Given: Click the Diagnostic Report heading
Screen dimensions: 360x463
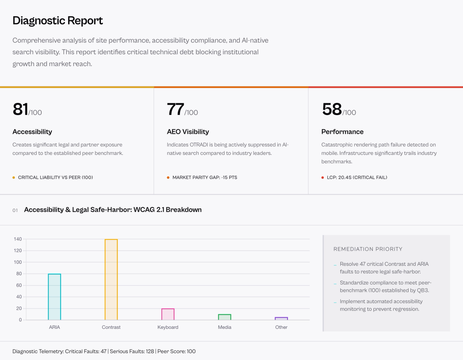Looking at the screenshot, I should pyautogui.click(x=57, y=20).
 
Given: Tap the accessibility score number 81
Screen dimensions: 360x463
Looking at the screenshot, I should pyautogui.click(x=20, y=109).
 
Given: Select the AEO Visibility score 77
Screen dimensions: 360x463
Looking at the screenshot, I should pyautogui.click(x=175, y=109).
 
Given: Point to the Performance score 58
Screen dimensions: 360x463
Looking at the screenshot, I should pyautogui.click(x=332, y=109).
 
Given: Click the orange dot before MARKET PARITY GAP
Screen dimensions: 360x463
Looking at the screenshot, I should pyautogui.click(x=168, y=178).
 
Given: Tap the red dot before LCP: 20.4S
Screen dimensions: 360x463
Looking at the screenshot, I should pyautogui.click(x=323, y=178).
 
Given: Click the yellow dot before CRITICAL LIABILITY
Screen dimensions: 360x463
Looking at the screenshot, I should pyautogui.click(x=14, y=178).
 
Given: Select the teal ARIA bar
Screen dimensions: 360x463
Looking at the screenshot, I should pyautogui.click(x=54, y=297).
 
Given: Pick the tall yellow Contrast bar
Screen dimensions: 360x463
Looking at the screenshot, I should pyautogui.click(x=111, y=279).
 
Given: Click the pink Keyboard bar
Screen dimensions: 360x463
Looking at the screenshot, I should pyautogui.click(x=168, y=314).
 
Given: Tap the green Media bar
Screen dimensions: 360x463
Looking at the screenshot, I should pyautogui.click(x=225, y=317).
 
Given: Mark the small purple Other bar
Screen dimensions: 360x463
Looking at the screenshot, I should pyautogui.click(x=281, y=318).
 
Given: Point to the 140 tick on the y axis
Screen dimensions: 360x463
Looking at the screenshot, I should pyautogui.click(x=17, y=239).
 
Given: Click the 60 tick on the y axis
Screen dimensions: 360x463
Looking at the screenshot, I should pyautogui.click(x=19, y=285).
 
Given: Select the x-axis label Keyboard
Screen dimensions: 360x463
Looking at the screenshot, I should pyautogui.click(x=168, y=327).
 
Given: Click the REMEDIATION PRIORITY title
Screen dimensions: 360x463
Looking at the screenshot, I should pyautogui.click(x=368, y=249).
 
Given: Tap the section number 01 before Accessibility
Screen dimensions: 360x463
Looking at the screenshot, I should pyautogui.click(x=15, y=210).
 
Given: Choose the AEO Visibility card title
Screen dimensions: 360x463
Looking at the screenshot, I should pyautogui.click(x=188, y=132).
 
